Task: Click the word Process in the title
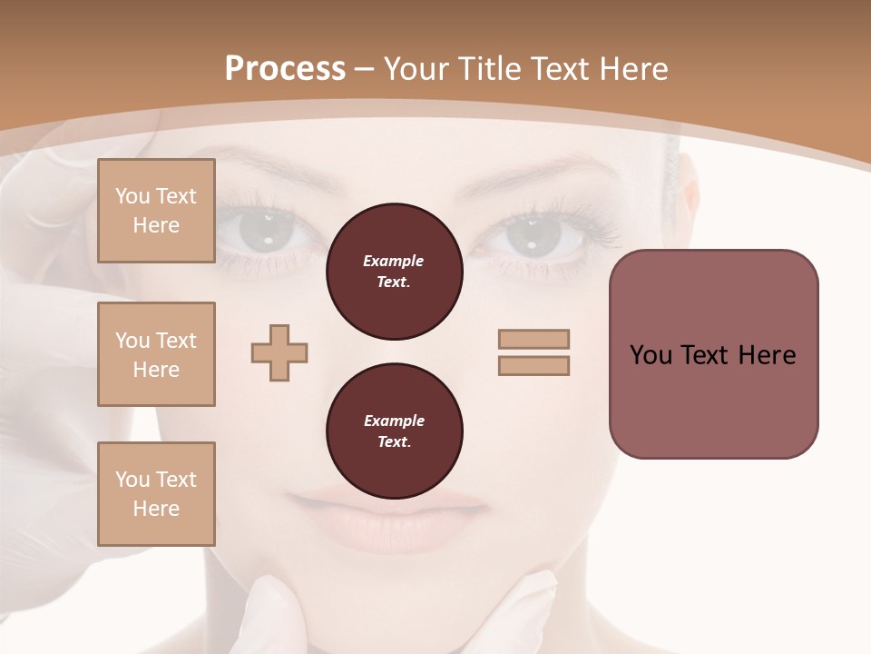tap(285, 69)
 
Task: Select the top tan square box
tap(156, 211)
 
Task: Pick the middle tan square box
tap(156, 354)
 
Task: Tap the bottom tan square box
tap(156, 494)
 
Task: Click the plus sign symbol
tap(279, 352)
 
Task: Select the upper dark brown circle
tap(394, 272)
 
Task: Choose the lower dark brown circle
tap(394, 431)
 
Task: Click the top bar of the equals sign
tap(533, 339)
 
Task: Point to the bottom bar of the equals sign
tap(533, 365)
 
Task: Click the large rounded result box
tap(713, 354)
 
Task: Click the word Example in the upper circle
tap(394, 261)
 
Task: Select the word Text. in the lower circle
tap(394, 442)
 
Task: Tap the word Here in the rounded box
tap(767, 355)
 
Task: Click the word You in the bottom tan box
tap(132, 480)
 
